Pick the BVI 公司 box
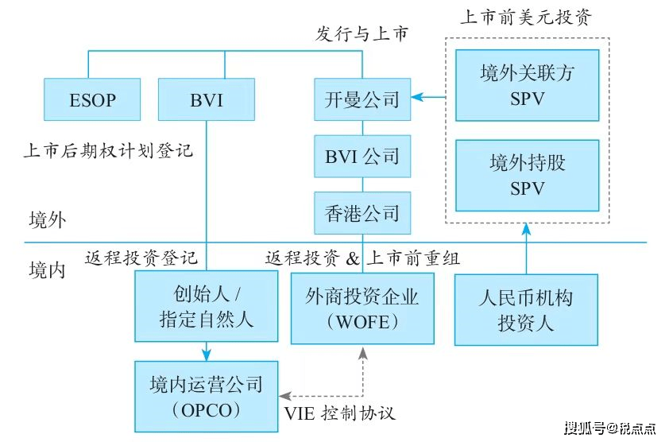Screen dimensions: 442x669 [x=362, y=156]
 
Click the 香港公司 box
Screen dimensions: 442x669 [x=362, y=212]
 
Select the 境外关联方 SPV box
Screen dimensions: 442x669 [x=526, y=83]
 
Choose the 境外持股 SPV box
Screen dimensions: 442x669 [x=526, y=174]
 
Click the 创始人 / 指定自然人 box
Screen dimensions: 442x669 [x=206, y=307]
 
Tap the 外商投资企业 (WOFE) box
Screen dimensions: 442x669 [x=362, y=308]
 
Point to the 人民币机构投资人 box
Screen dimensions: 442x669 [x=526, y=309]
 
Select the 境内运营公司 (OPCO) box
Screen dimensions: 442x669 [x=206, y=397]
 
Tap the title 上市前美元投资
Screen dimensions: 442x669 [x=526, y=17]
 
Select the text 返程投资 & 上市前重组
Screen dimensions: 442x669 [x=362, y=258]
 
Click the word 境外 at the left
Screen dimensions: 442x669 [x=48, y=219]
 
